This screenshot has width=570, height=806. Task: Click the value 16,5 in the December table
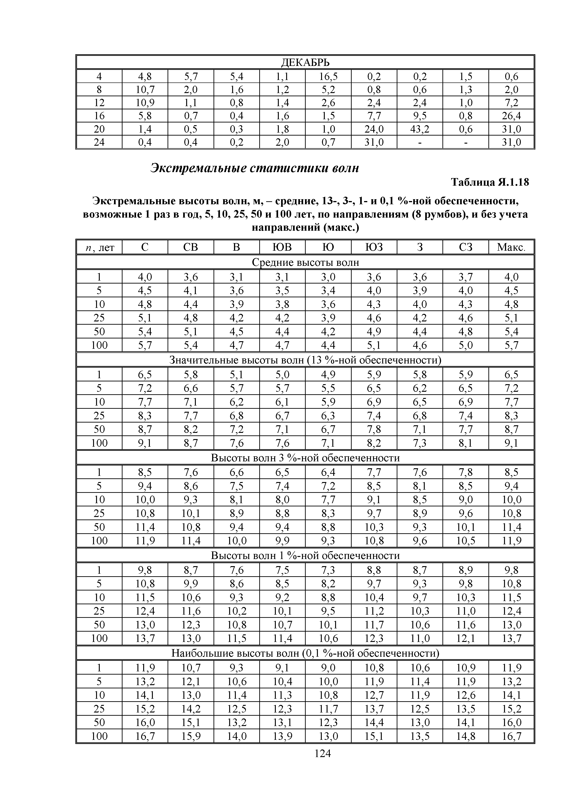tap(328, 76)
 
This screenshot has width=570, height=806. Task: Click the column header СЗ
tap(465, 247)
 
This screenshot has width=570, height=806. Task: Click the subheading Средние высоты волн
tap(305, 262)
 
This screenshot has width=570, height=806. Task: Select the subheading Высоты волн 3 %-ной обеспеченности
tap(305, 458)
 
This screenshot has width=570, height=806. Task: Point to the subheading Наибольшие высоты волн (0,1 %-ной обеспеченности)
tap(305, 653)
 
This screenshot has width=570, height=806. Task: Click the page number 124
tap(323, 753)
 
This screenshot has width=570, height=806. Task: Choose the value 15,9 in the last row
tap(191, 736)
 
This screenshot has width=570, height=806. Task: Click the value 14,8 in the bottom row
tap(465, 736)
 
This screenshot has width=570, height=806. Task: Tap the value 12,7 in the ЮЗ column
tap(374, 695)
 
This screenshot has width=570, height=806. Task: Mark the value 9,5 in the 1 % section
tap(328, 611)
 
